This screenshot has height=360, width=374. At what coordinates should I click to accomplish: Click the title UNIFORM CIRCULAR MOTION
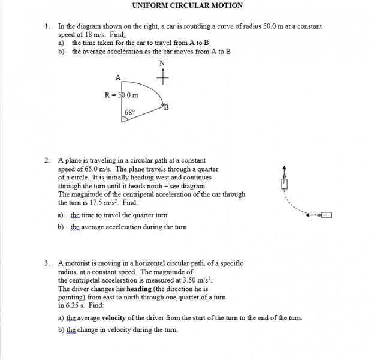click(187, 5)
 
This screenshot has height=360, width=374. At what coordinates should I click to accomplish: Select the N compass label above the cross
click(162, 64)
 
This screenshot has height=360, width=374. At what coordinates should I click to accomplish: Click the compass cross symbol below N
click(162, 77)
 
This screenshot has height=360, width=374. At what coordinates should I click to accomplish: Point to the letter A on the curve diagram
click(117, 77)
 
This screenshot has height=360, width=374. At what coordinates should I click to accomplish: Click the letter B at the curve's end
click(166, 107)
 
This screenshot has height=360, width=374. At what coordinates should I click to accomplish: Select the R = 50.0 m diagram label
click(121, 95)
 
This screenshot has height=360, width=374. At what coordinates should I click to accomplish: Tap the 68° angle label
click(130, 112)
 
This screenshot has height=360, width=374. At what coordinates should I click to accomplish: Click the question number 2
click(47, 161)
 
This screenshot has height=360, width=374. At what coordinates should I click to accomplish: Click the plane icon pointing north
click(285, 181)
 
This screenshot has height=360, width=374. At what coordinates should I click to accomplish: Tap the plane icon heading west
click(323, 215)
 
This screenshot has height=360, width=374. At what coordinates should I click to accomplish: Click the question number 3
click(47, 263)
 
